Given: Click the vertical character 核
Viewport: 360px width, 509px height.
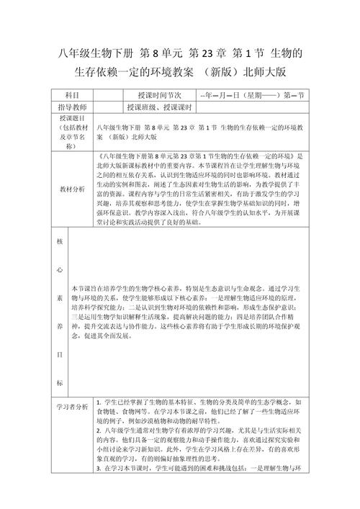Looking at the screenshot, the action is [x=60, y=242].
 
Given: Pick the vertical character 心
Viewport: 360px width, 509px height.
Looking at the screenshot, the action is [x=60, y=270].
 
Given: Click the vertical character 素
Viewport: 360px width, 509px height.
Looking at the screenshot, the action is [x=60, y=297].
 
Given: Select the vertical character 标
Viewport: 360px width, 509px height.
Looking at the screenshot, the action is [x=60, y=382].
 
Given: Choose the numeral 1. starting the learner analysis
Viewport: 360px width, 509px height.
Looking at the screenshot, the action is [x=98, y=402].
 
